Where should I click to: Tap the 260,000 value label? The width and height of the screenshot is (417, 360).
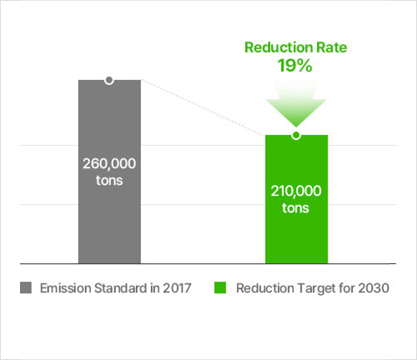(x=109, y=163)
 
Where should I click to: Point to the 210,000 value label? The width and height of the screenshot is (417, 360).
(x=296, y=191)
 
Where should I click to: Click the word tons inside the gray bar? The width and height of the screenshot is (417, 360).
(x=109, y=181)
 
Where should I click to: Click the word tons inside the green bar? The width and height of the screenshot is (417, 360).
(x=295, y=208)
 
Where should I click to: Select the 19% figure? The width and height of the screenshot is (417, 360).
(x=295, y=66)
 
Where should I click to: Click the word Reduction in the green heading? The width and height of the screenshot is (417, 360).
(x=279, y=47)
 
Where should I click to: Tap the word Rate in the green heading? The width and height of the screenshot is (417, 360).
(x=332, y=47)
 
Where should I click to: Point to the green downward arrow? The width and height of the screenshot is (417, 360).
(x=296, y=104)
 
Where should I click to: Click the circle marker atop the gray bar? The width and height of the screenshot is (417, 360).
(x=109, y=80)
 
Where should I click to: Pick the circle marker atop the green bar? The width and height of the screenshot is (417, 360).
(x=296, y=135)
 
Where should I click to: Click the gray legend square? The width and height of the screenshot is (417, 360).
(x=26, y=287)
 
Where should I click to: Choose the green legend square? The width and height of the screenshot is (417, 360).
(x=220, y=287)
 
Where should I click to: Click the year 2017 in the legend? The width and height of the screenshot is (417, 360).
(x=177, y=288)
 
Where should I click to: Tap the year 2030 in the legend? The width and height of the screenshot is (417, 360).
(x=374, y=288)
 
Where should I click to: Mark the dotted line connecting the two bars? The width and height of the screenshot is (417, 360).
(x=203, y=107)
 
